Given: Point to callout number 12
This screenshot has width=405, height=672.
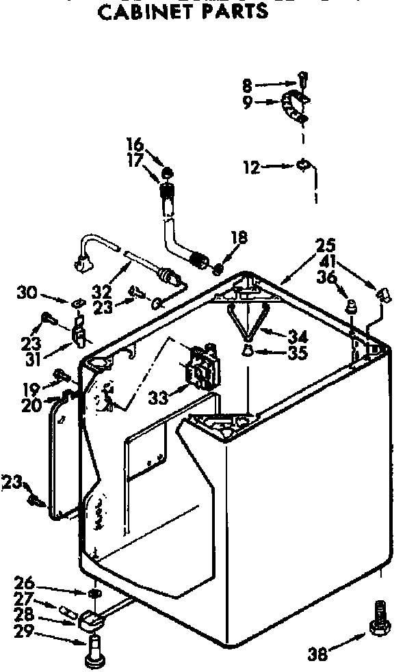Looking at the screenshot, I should click(252, 166).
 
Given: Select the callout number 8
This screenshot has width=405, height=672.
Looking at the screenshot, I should click(247, 86).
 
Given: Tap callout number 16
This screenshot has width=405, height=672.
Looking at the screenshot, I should click(135, 144).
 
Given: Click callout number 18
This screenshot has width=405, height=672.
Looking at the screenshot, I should click(239, 238).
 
